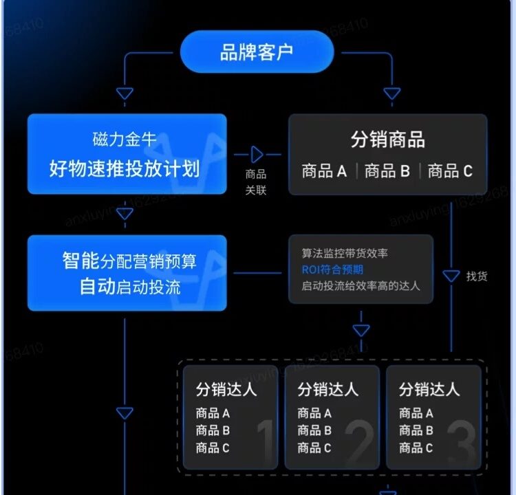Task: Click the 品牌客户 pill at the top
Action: [x=257, y=52]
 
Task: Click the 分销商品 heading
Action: [x=387, y=140]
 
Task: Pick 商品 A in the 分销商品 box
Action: [x=324, y=171]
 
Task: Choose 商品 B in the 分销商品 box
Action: [x=387, y=171]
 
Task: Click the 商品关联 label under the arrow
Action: [x=256, y=182]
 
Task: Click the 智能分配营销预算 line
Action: [x=129, y=261]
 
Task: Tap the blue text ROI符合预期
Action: [x=332, y=269]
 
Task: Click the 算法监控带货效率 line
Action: [x=340, y=253]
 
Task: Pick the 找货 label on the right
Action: [x=476, y=276]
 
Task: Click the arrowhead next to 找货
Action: [x=451, y=276]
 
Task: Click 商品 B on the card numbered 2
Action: [x=314, y=430]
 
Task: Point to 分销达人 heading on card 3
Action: [x=429, y=389]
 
